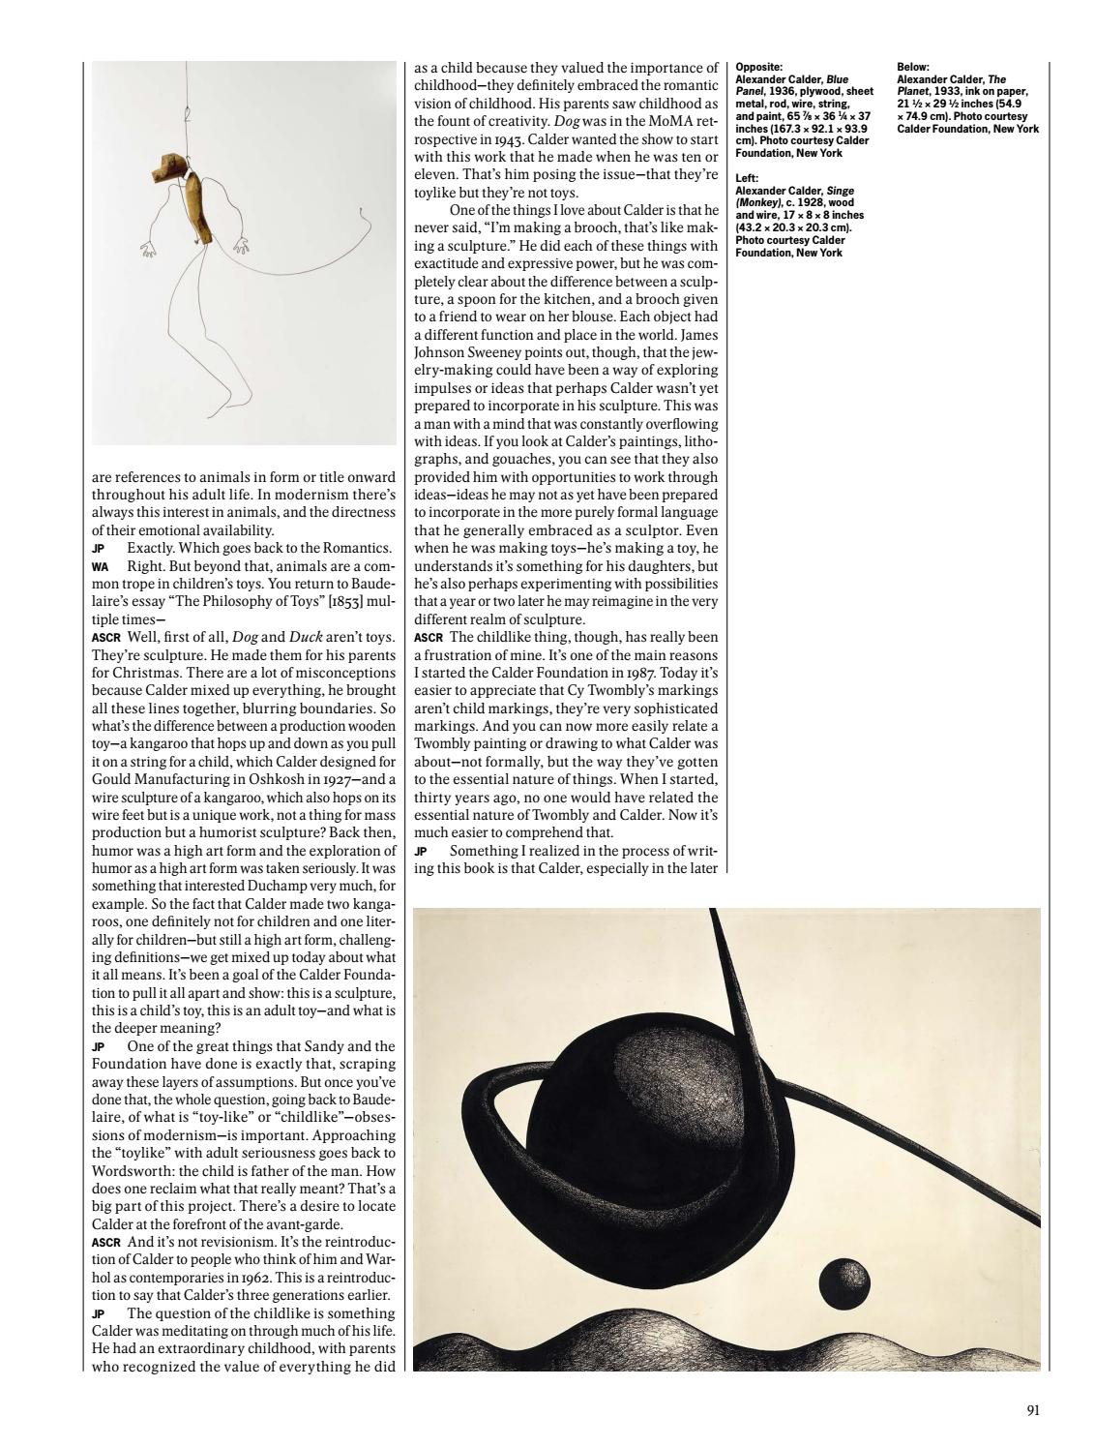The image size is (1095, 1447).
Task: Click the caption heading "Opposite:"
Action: [x=758, y=67]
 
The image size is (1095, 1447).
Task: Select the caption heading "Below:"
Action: [x=914, y=67]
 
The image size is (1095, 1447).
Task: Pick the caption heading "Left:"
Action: [x=747, y=178]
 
